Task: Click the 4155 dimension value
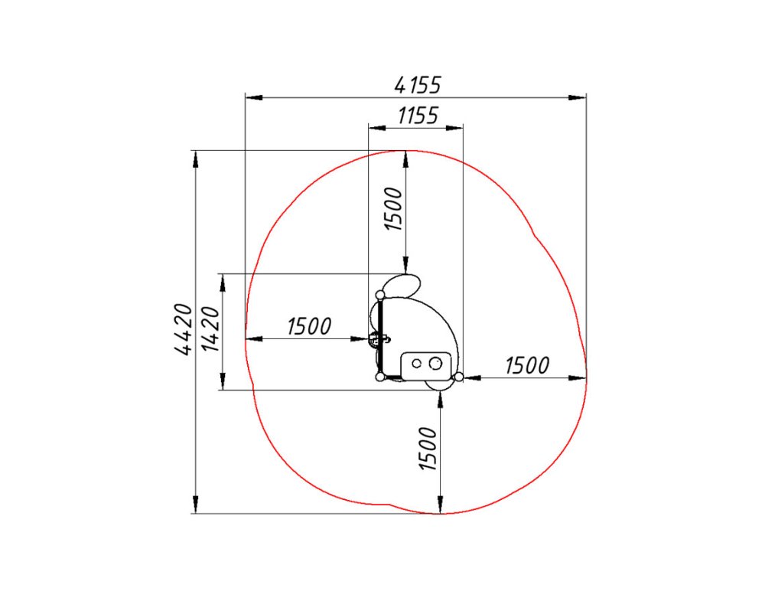[x=418, y=85]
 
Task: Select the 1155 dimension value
[x=418, y=116]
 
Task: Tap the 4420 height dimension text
[x=183, y=329]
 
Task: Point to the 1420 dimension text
[x=211, y=329]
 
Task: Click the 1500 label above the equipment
[x=393, y=208]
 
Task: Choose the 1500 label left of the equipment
[x=309, y=326]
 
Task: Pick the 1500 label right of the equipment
[x=527, y=365]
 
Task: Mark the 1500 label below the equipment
[x=428, y=449]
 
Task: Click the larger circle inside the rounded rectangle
[x=435, y=364]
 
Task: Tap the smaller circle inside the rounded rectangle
[x=416, y=364]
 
